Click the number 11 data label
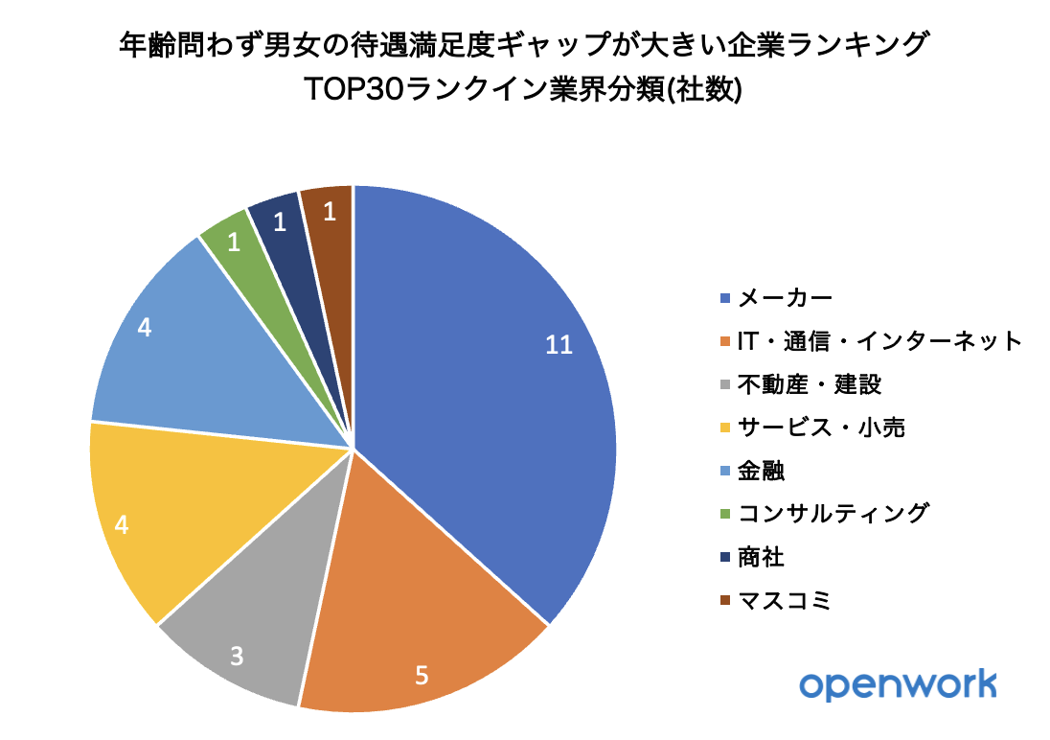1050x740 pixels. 559,346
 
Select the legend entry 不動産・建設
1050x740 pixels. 810,384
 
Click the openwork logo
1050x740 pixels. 898,685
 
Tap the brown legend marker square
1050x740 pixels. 724,601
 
